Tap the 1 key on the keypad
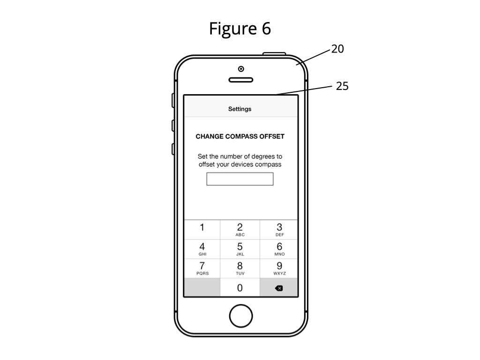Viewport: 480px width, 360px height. [x=202, y=230]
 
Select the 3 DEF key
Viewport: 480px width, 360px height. [x=279, y=230]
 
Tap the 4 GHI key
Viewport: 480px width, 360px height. [x=202, y=249]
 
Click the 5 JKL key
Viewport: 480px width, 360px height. [x=240, y=249]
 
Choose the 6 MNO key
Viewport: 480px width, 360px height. [x=279, y=249]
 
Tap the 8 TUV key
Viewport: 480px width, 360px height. [x=240, y=269]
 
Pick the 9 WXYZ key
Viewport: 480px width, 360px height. [x=279, y=269]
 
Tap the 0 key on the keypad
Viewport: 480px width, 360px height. [x=240, y=287]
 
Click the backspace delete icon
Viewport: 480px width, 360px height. [x=279, y=288]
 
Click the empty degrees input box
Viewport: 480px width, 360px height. [x=240, y=179]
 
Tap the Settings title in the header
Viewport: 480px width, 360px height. [x=240, y=109]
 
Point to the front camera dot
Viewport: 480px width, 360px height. [x=241, y=69]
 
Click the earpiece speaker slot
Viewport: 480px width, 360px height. [x=241, y=80]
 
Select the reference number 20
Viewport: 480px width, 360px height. [x=337, y=49]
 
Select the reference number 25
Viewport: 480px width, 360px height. [x=342, y=86]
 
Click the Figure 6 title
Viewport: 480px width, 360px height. [x=240, y=29]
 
